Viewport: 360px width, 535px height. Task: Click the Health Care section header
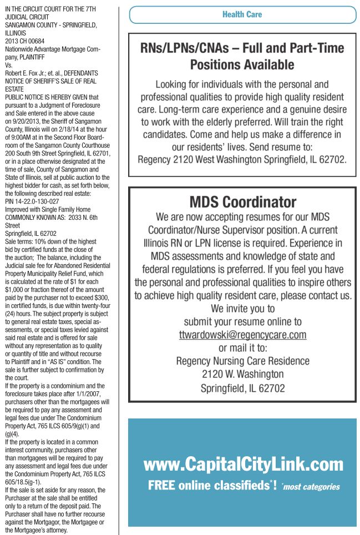242,14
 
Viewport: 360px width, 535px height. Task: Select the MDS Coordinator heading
242,201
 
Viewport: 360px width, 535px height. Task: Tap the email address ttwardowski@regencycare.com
242,335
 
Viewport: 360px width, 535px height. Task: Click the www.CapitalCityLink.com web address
243,464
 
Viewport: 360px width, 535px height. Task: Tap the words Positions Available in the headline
242,65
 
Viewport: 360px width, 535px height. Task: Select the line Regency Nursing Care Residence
242,361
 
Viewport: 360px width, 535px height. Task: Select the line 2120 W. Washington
242,375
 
